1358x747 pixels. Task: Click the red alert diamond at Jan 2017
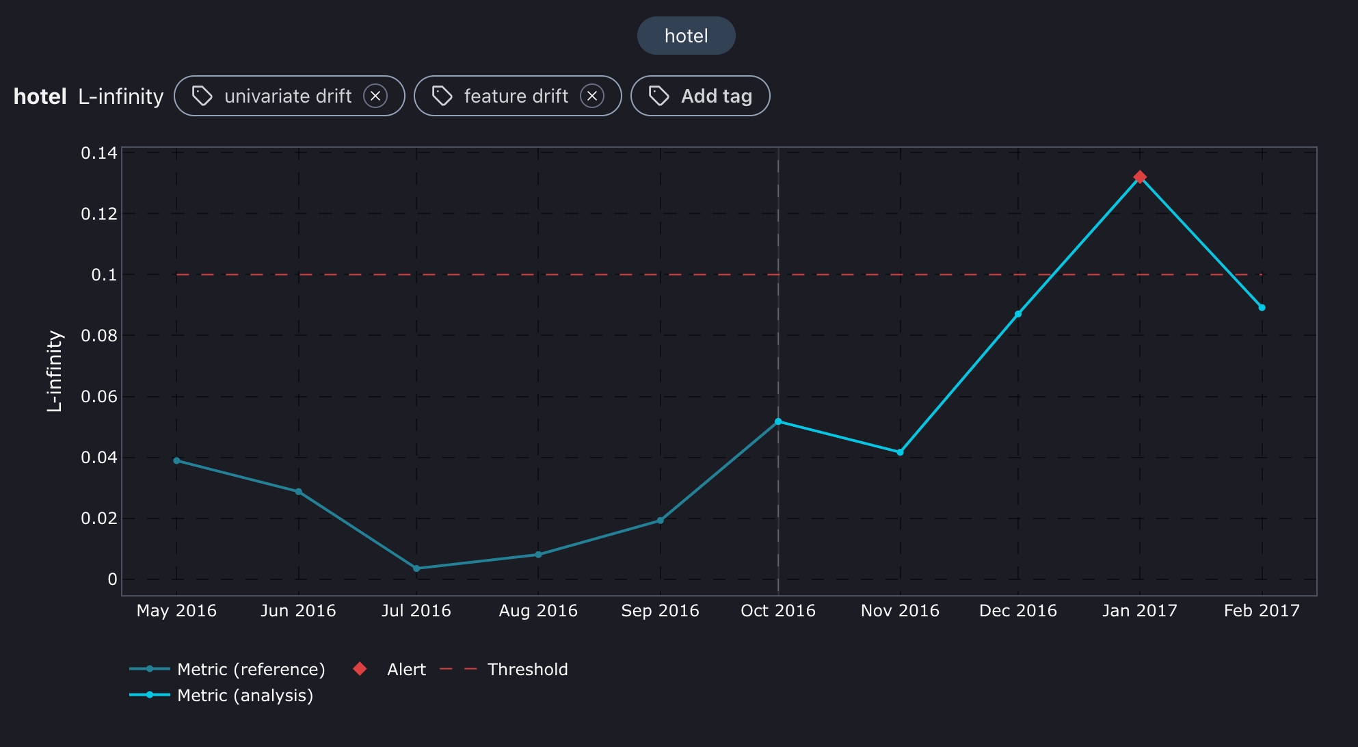[1140, 177]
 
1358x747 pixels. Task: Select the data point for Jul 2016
[416, 568]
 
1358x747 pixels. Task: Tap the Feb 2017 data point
[1262, 308]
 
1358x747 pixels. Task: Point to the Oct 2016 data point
[778, 421]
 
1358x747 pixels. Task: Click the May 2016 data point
[176, 460]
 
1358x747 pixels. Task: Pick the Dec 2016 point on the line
[1018, 314]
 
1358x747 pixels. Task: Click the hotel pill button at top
[686, 36]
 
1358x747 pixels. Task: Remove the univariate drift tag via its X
[375, 96]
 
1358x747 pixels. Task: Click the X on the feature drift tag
[592, 96]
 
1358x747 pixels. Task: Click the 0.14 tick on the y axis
[99, 153]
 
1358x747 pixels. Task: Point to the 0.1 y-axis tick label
[104, 275]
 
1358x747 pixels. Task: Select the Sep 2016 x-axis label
[660, 611]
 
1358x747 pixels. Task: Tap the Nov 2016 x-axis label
[900, 611]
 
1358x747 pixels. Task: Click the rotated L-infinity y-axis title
[55, 371]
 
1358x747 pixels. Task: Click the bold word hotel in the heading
[40, 96]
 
